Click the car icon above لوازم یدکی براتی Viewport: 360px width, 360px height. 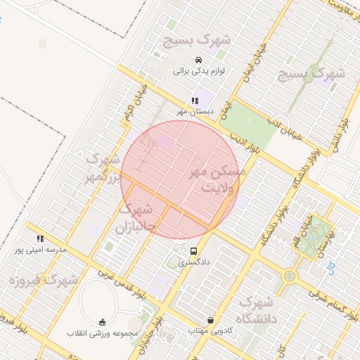tap(199, 60)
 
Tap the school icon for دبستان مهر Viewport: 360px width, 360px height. tap(195, 101)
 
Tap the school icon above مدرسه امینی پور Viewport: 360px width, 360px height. tap(40, 238)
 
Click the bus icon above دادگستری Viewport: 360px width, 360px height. tap(193, 251)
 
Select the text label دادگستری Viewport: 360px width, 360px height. tap(193, 262)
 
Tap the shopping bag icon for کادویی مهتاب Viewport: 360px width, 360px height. tap(210, 320)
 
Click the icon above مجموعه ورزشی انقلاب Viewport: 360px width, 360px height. tap(104, 321)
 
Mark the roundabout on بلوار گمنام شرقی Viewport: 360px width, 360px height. tap(290, 276)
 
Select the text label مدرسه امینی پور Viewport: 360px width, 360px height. tap(40, 250)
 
